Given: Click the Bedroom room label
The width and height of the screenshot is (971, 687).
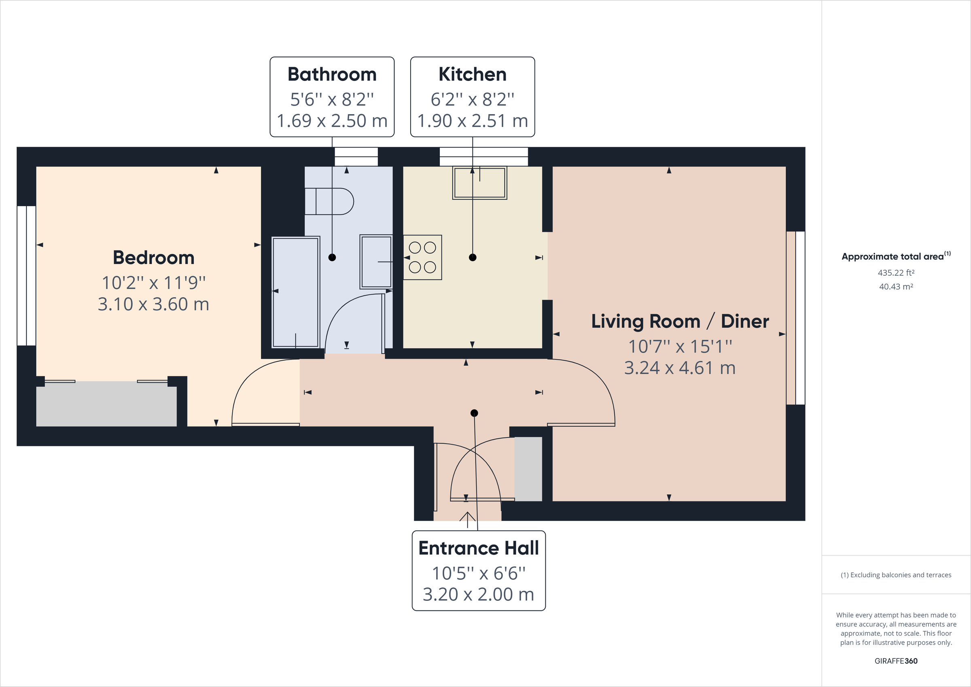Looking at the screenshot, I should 153,257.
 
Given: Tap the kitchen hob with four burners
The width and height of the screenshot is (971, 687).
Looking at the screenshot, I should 422,257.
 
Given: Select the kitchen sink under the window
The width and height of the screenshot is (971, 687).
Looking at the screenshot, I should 479,183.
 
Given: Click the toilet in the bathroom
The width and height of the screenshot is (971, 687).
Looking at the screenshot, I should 330,202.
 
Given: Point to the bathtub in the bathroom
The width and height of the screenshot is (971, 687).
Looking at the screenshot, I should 295,292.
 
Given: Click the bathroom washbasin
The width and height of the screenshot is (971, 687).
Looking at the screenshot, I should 375,262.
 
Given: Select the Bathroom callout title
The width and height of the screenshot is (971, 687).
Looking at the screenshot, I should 332,74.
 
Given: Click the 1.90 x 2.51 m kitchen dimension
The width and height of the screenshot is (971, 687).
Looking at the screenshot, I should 473,121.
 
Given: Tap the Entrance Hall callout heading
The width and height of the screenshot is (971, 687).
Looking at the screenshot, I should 478,548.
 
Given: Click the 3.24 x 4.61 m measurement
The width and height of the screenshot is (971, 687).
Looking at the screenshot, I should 680,368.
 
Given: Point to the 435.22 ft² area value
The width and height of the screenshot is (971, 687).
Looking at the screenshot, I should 896,272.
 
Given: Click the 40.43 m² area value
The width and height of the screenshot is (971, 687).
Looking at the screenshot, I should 896,287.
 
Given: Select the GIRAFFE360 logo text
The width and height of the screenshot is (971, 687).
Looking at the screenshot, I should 896,661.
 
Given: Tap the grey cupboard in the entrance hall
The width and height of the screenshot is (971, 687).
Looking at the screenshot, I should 528,469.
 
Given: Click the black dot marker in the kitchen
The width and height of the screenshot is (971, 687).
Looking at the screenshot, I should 473,257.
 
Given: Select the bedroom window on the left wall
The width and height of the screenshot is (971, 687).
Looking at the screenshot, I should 26,276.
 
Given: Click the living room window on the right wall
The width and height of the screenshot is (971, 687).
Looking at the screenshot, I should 795,318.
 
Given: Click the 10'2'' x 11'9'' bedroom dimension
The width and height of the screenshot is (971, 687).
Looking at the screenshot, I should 153,283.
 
